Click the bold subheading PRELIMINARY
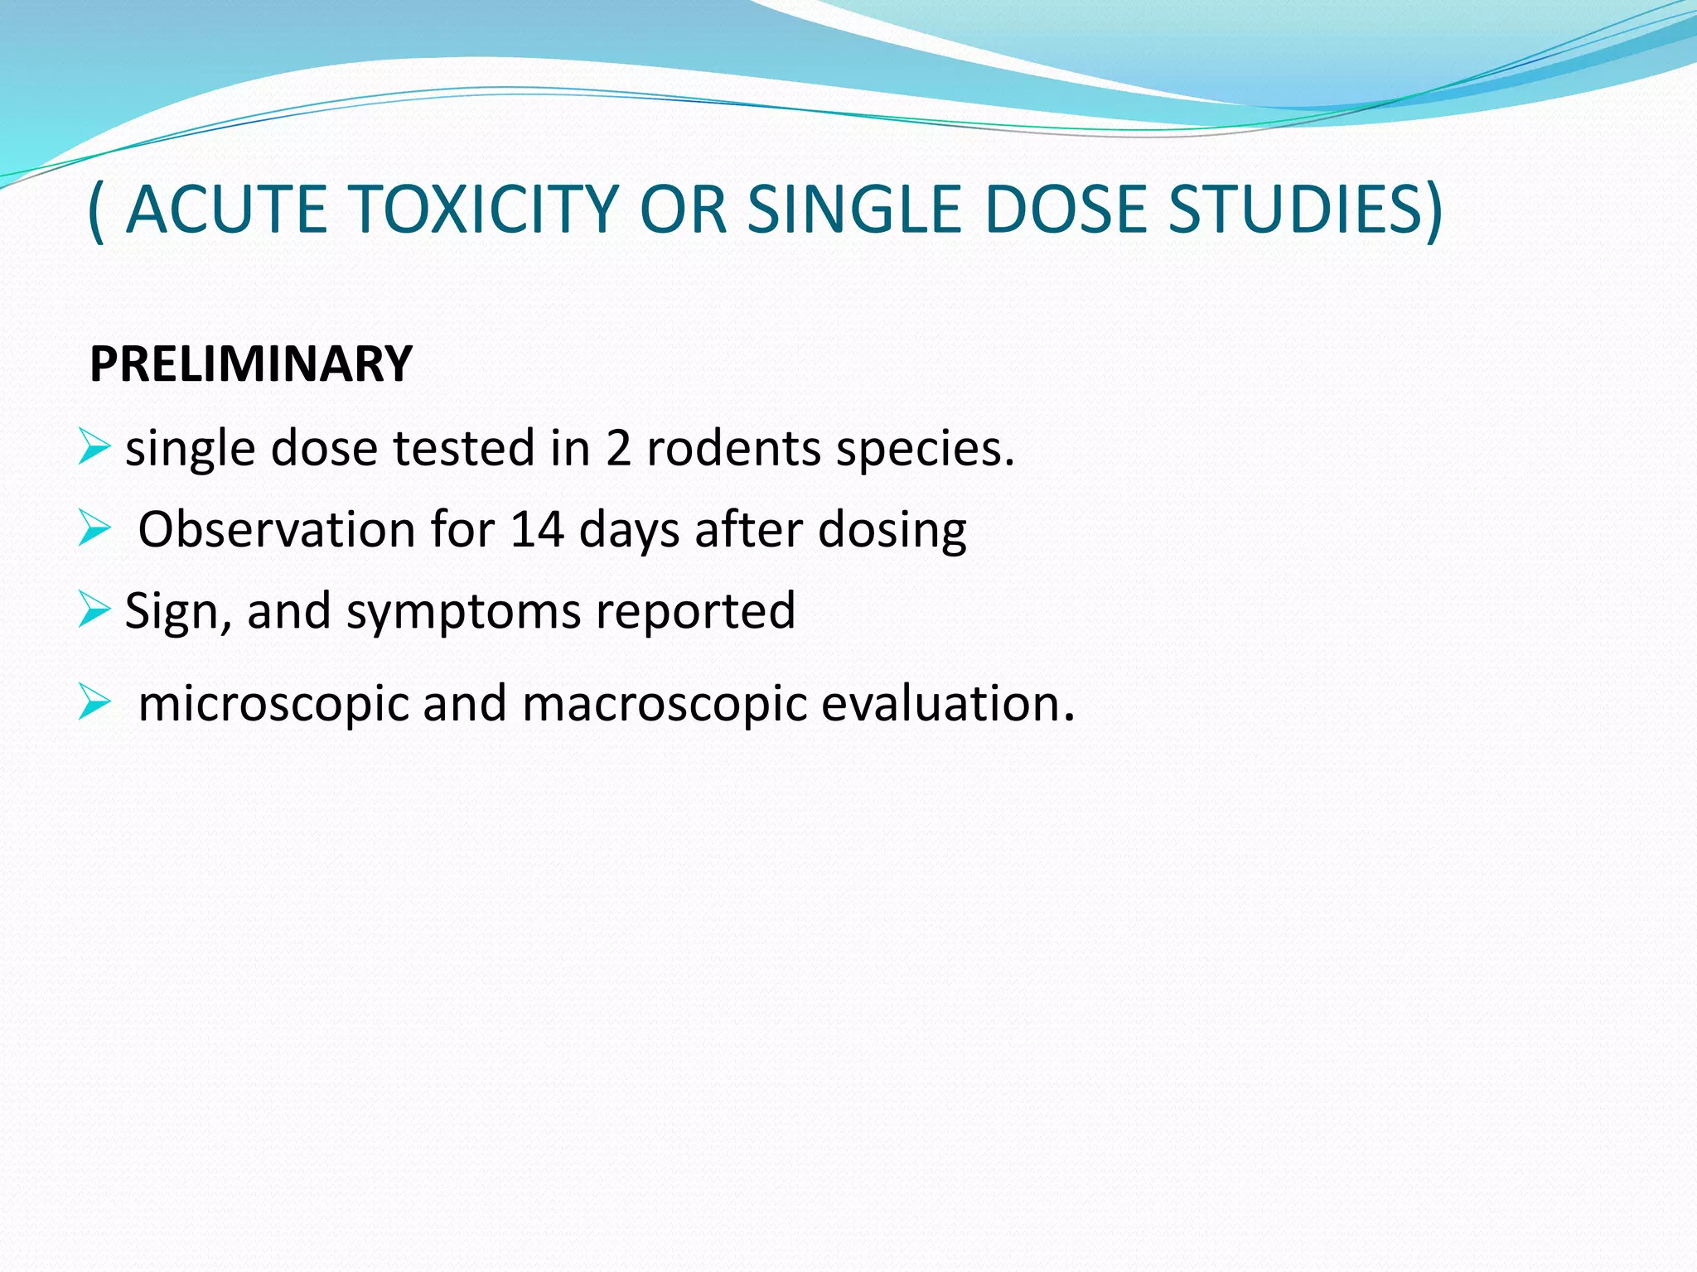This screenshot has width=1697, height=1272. pyautogui.click(x=250, y=364)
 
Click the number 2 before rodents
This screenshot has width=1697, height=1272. pyautogui.click(x=618, y=448)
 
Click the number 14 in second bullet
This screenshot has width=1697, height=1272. pyautogui.click(x=537, y=529)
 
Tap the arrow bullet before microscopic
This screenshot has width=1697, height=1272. pyautogui.click(x=94, y=703)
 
